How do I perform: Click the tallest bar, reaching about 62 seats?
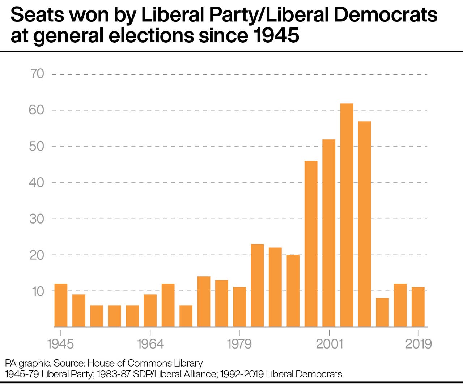347,215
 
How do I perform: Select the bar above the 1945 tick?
61,305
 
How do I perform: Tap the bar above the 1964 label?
150,311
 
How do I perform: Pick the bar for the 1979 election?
239,307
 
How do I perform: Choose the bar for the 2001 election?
329,233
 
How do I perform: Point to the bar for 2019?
418,307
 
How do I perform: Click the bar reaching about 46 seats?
311,244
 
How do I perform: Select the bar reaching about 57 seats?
365,224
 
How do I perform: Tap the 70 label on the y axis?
37,74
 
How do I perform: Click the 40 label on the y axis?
37,182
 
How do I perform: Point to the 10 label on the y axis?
38,291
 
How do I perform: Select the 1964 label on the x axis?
150,343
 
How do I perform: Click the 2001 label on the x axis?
329,343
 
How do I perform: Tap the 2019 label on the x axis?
419,343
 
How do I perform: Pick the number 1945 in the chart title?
276,35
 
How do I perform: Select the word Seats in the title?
37,15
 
